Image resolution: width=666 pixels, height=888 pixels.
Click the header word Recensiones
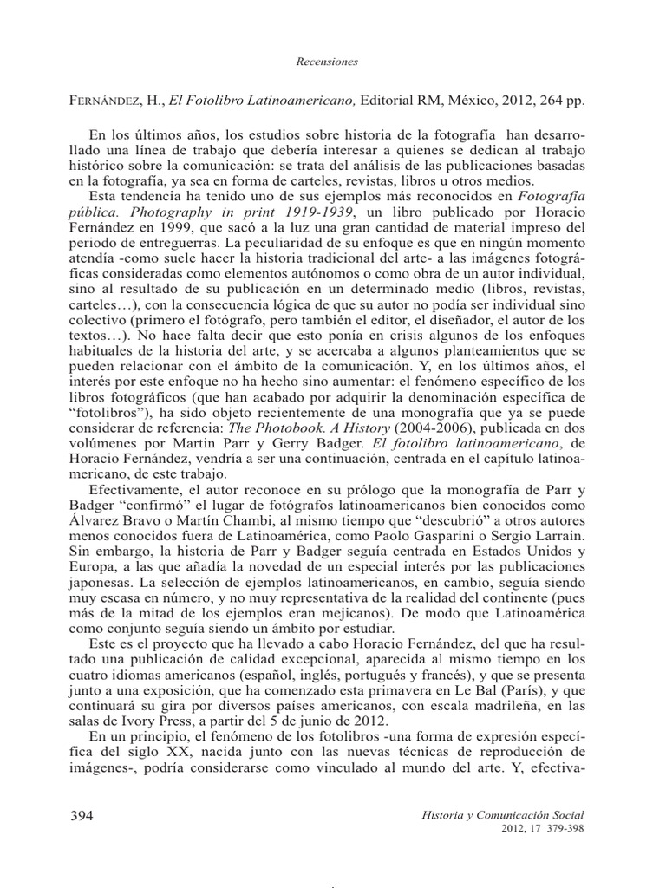click(x=334, y=63)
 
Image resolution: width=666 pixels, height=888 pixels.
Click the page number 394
click(x=79, y=817)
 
